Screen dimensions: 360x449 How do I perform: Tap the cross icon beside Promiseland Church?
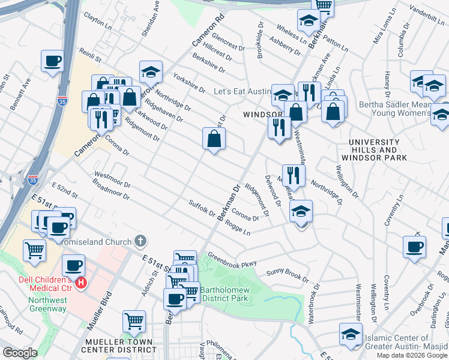[140, 242]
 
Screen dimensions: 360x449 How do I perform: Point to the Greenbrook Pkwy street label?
[232, 259]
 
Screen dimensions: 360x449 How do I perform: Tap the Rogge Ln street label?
[238, 228]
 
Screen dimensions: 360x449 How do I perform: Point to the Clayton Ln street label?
[98, 23]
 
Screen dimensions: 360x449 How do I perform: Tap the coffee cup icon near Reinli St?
[53, 61]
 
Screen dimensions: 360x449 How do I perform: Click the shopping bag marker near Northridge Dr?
[214, 139]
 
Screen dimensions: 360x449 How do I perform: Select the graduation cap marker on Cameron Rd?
[151, 73]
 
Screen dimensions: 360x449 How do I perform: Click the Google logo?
[20, 353]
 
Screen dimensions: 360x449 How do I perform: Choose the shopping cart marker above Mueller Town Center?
[134, 321]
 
